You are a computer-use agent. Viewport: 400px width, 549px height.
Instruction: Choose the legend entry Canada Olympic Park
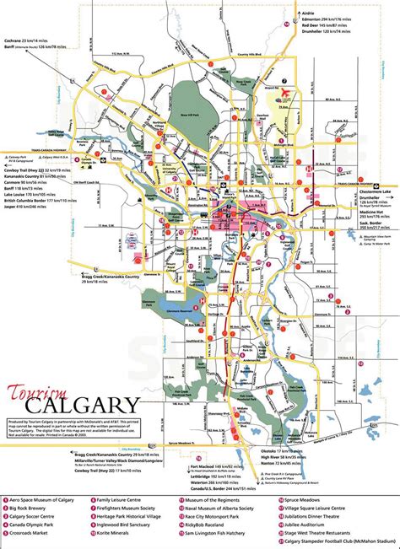pos(39,523)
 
